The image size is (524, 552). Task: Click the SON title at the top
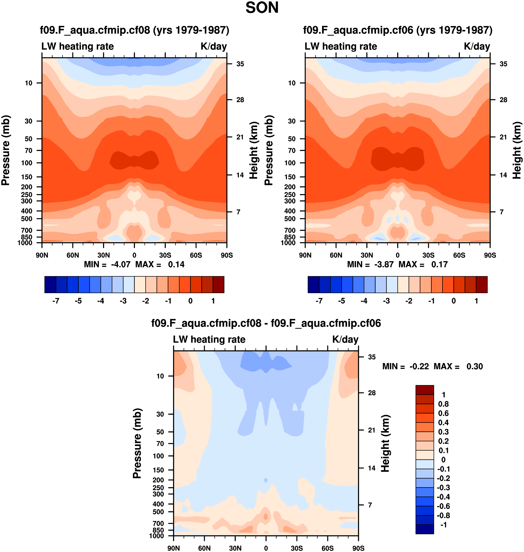262,8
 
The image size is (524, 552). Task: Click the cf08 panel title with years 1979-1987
134,30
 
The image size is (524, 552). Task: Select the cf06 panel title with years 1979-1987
397,30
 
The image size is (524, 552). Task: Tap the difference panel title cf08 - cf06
266,323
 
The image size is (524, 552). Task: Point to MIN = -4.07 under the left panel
107,264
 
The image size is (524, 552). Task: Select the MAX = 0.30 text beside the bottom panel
458,366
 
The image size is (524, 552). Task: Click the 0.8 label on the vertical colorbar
443,404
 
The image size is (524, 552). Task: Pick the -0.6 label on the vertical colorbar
443,506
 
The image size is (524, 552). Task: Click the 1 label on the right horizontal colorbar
476,301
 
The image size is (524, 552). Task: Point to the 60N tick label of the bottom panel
204,548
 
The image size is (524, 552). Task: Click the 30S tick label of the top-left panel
165,255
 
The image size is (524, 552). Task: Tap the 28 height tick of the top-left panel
240,100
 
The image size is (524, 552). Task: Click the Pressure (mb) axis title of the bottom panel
137,443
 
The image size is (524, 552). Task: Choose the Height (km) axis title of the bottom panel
385,443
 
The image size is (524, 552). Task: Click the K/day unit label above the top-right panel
477,46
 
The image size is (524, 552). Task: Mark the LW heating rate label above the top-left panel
78,46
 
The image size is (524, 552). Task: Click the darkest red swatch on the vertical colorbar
425,390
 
